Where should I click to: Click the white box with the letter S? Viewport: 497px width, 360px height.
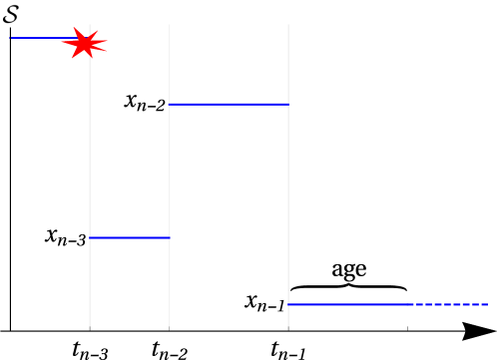tap(11, 14)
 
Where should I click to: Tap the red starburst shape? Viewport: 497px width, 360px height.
tap(87, 43)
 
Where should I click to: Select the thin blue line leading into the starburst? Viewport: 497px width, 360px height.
tap(40, 38)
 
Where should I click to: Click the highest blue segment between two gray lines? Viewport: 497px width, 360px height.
tap(229, 104)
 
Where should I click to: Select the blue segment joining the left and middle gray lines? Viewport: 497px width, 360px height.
tap(130, 237)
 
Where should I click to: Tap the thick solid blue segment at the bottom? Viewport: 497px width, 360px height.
tap(349, 304)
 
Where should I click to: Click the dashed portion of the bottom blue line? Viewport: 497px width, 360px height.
tap(452, 304)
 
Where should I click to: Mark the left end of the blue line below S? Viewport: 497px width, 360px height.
tap(11, 38)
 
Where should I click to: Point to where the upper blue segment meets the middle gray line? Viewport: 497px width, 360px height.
tap(169, 104)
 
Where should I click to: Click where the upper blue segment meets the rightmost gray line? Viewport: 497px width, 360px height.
tap(288, 104)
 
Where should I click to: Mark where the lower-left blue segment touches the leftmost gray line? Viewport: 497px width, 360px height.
tap(90, 237)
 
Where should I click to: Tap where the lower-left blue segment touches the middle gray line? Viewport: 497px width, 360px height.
tap(169, 237)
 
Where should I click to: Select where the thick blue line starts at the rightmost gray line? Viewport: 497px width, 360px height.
tap(288, 304)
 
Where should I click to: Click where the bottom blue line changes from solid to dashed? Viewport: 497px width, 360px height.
tap(414, 304)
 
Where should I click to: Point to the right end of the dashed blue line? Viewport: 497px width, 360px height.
tap(489, 304)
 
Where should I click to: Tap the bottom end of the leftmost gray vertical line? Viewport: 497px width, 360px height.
tap(90, 325)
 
